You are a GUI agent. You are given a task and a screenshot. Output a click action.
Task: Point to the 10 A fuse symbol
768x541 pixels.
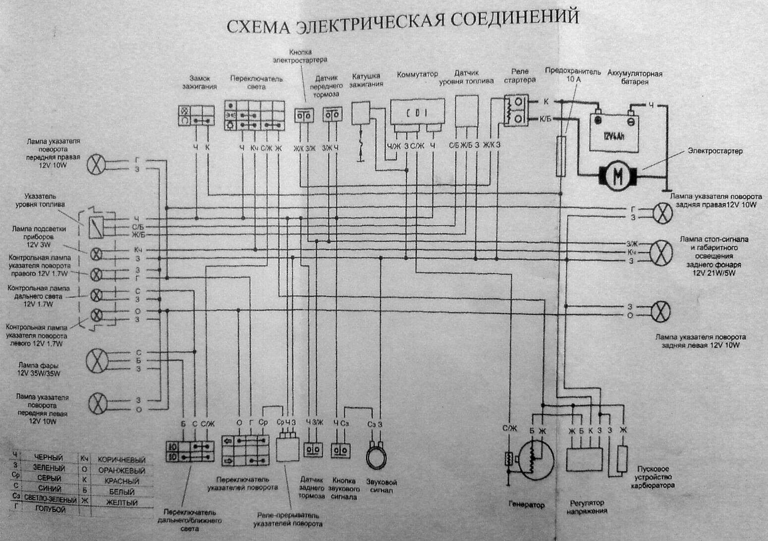(561, 156)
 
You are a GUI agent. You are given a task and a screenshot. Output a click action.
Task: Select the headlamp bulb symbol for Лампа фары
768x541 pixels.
(97, 360)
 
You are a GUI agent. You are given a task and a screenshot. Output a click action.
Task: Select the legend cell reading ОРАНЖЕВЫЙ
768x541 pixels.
(121, 470)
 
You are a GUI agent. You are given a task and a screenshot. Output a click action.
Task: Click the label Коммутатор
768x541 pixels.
(417, 74)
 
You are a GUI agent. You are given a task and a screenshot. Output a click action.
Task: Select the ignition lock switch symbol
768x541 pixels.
(196, 115)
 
